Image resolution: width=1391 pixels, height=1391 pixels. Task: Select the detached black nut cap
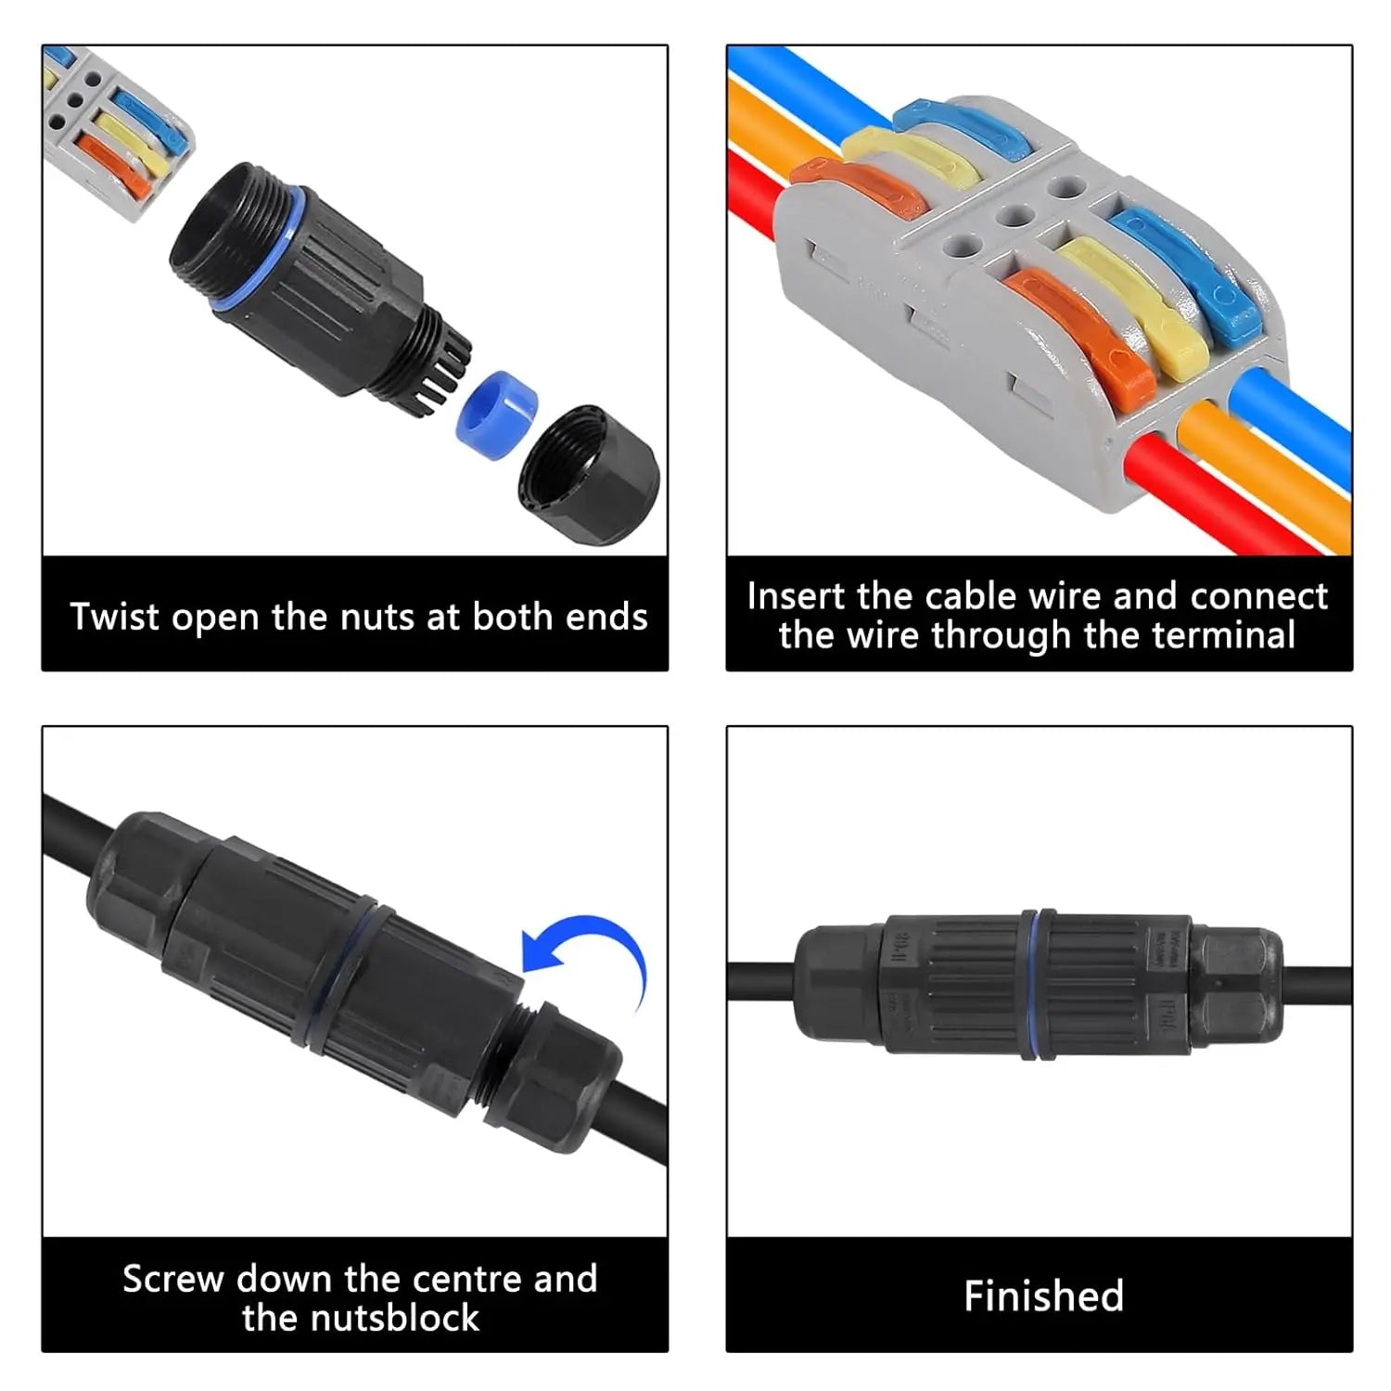pos(589,474)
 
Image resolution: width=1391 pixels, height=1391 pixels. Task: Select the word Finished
pos(1043,1295)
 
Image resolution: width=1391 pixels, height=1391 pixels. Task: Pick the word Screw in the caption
pos(173,1279)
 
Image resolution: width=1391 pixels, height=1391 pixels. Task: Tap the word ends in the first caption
pos(608,617)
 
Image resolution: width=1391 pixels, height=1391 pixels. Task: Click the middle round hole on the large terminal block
pos(1015,216)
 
